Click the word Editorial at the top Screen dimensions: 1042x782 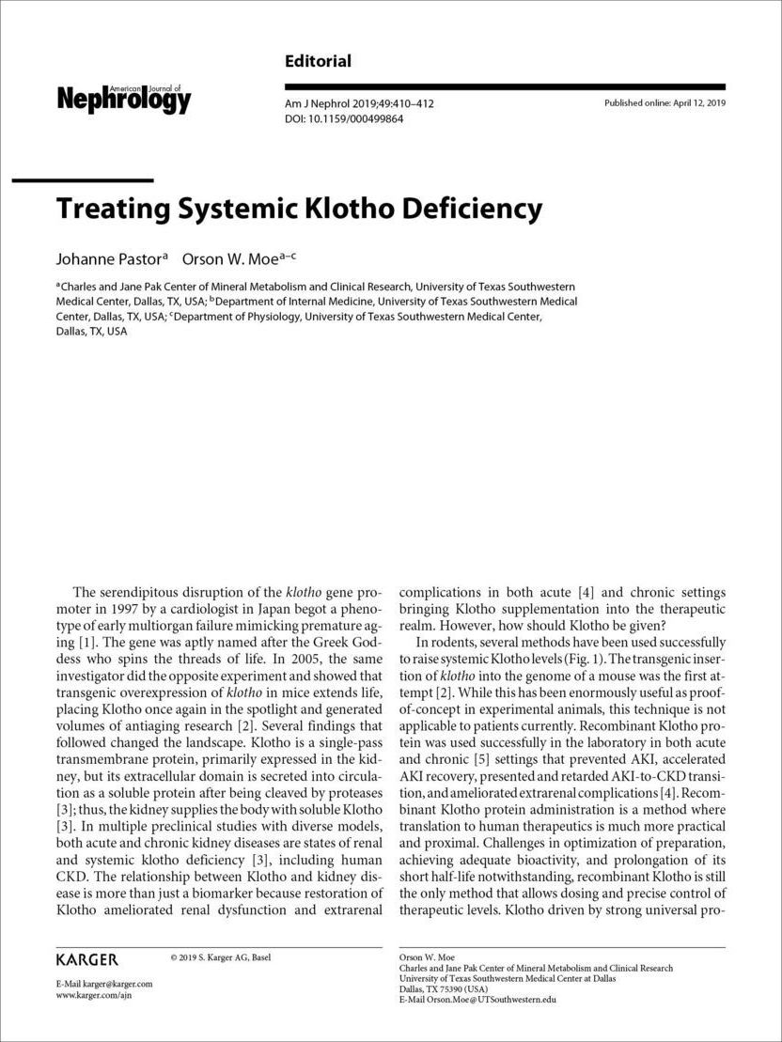(318, 62)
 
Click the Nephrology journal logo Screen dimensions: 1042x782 (124, 98)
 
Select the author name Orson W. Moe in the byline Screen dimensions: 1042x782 (235, 257)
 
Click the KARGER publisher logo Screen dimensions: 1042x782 (87, 959)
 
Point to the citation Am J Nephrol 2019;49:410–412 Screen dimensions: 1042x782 (359, 103)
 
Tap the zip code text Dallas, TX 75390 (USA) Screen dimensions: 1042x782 (444, 989)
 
